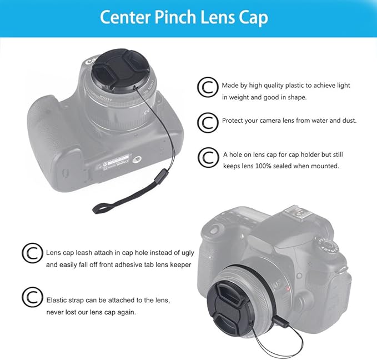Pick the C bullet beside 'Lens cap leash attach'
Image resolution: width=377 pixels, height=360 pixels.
32,253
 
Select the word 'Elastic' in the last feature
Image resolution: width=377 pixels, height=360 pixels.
58,299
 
